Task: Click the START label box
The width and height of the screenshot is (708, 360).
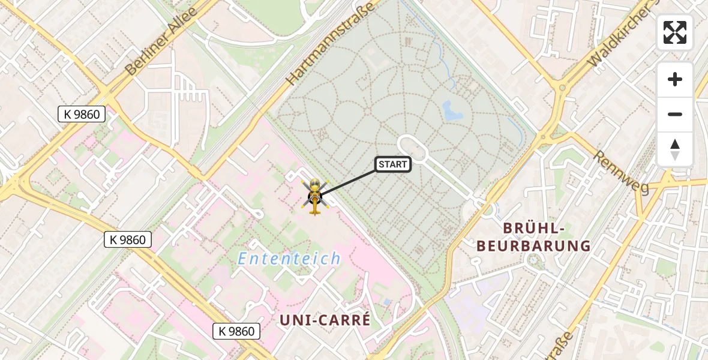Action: click(x=393, y=164)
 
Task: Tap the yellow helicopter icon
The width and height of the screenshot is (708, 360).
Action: click(x=315, y=196)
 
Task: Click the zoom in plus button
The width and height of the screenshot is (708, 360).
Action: click(x=675, y=79)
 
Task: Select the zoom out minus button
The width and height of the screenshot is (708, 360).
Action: click(x=675, y=114)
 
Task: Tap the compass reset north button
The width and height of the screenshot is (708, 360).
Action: click(x=675, y=149)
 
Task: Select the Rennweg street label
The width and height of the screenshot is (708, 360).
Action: click(x=621, y=172)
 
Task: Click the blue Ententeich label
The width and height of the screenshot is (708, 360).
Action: click(x=289, y=259)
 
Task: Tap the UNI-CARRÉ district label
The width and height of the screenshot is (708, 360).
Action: click(x=325, y=320)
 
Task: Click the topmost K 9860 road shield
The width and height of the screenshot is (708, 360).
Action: click(x=82, y=114)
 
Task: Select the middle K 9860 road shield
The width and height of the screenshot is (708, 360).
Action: click(x=128, y=240)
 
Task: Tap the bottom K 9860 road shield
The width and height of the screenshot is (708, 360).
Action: click(x=237, y=331)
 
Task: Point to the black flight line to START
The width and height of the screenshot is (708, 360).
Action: click(x=348, y=181)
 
